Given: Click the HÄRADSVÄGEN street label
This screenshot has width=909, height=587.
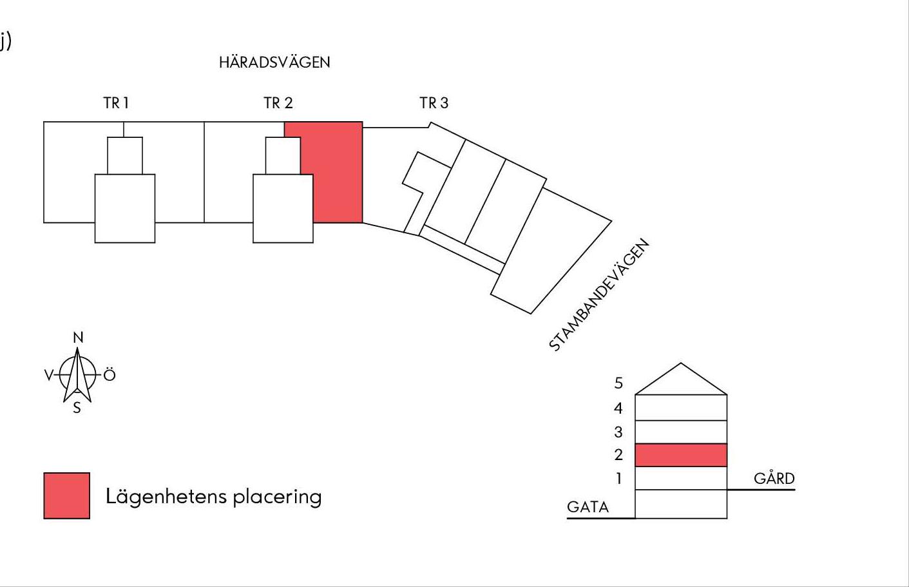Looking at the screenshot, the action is pos(274,62).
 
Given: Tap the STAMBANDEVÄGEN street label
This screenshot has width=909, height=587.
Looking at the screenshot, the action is pos(599,294).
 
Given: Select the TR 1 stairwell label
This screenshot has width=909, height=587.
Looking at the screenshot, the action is pos(116,103).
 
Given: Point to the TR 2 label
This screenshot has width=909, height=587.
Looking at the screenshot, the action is pos(278,103).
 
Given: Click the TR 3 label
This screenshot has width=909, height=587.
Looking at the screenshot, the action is pos(434,103).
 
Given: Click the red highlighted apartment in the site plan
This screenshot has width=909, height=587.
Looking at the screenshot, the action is pos(337,175).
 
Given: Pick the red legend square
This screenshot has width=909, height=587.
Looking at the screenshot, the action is pos(67,496).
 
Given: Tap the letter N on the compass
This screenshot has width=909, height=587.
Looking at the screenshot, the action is pos(78,338).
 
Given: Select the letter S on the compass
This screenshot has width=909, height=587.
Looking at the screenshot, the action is pos(77,408).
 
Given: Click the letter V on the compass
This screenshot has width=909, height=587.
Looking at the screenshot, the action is pos(49,375).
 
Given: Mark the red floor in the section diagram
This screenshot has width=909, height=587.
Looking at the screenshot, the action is pos(681,455).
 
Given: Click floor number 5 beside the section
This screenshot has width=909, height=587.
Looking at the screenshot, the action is pos(618,383).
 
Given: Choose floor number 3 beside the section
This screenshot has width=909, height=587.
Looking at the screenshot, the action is pos(618,432).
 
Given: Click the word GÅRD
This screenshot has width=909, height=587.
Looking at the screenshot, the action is pos(774,478).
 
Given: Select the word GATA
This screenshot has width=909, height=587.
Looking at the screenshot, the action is pos(588,507).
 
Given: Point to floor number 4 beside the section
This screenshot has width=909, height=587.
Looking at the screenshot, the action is pos(618,409).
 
